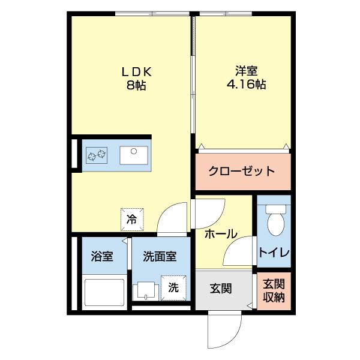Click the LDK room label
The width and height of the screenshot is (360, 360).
(x=137, y=71)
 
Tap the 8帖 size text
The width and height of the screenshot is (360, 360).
(x=137, y=85)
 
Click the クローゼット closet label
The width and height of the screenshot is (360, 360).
(x=242, y=170)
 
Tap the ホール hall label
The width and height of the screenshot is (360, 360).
(x=221, y=235)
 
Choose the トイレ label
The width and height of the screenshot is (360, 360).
(x=274, y=253)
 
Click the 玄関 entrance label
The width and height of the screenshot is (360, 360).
(x=221, y=289)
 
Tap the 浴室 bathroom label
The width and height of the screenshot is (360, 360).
(x=102, y=257)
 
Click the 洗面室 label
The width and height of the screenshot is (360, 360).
(x=160, y=257)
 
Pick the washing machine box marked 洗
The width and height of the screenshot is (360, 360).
(x=173, y=287)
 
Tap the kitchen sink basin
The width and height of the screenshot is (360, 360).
(x=134, y=155)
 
